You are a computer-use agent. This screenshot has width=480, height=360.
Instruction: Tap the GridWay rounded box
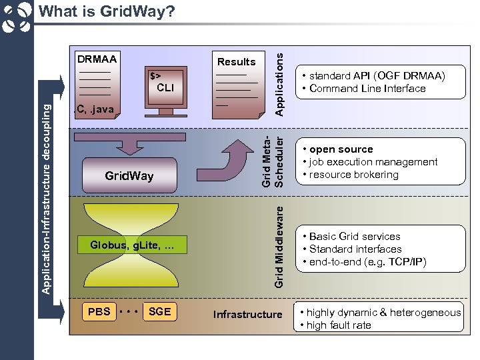tap(129, 176)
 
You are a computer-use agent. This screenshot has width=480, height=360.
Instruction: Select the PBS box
tap(99, 311)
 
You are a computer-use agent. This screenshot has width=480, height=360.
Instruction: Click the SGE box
tap(159, 311)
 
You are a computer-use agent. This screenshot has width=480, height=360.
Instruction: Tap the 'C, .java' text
tap(95, 109)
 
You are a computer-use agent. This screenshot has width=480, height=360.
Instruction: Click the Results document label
tap(236, 61)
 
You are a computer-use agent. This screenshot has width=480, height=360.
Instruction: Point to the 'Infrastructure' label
tap(247, 314)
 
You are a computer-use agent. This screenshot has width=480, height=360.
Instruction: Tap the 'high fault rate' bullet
tap(339, 325)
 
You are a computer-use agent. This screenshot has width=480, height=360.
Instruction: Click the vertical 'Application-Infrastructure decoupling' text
tap(45, 193)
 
